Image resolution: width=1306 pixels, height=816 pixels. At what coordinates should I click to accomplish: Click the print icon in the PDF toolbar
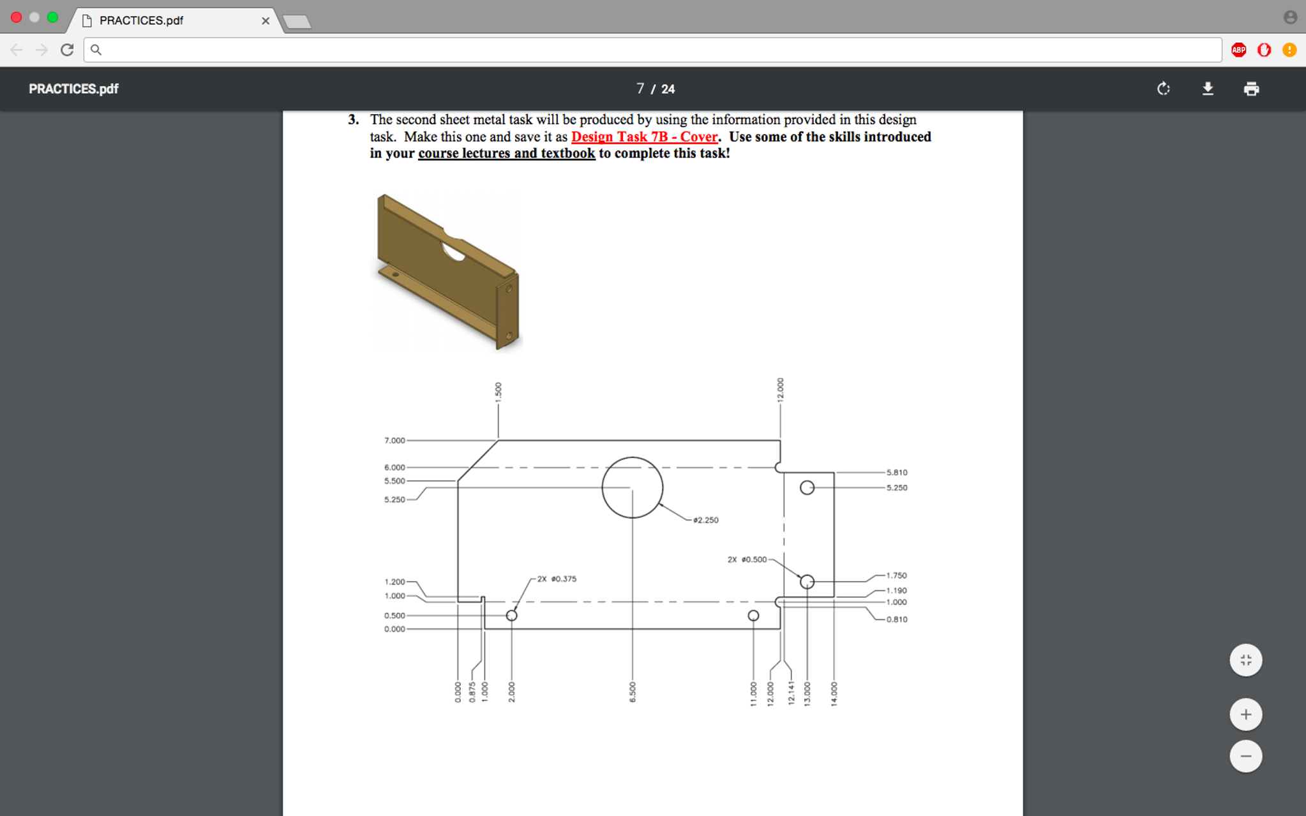pyautogui.click(x=1251, y=89)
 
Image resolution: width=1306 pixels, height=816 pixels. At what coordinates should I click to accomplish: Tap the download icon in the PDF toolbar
pyautogui.click(x=1208, y=89)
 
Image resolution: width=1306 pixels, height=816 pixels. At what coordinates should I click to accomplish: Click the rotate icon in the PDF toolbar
pyautogui.click(x=1164, y=89)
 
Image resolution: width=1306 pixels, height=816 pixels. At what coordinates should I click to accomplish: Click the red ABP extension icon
pyautogui.click(x=1238, y=50)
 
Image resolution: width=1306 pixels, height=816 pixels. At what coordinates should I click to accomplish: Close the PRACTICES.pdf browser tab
pyautogui.click(x=266, y=20)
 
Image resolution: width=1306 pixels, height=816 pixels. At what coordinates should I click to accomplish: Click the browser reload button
pyautogui.click(x=67, y=50)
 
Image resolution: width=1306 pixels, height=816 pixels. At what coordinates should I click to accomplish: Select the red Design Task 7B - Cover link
pyautogui.click(x=644, y=137)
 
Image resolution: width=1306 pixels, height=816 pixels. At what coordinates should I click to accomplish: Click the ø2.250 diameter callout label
pyautogui.click(x=705, y=520)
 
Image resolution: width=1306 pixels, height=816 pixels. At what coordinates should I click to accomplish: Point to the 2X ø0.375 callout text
pyautogui.click(x=557, y=579)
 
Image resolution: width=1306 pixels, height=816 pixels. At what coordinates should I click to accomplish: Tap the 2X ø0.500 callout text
pyautogui.click(x=747, y=560)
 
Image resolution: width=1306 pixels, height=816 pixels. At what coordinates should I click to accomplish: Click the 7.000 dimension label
pyautogui.click(x=394, y=440)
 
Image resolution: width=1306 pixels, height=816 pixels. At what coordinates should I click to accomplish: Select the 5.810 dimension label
pyautogui.click(x=896, y=472)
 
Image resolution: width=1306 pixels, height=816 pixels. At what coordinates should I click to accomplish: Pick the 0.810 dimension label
pyautogui.click(x=896, y=619)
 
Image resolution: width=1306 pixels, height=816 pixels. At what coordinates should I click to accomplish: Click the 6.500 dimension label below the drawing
pyautogui.click(x=633, y=692)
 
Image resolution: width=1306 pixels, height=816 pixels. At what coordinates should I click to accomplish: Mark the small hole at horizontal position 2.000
pyautogui.click(x=511, y=616)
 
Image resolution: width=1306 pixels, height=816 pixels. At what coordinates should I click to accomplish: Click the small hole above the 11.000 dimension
pyautogui.click(x=753, y=616)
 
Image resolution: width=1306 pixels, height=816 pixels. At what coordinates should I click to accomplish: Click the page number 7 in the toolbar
pyautogui.click(x=640, y=89)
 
